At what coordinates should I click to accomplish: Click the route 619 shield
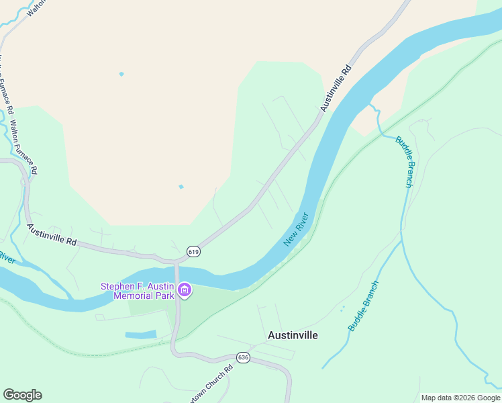point(194,251)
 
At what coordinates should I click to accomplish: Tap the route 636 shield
point(243,357)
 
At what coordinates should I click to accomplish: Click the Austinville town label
point(293,334)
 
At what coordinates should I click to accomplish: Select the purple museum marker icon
point(185,291)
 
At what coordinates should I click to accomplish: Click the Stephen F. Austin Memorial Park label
point(137,291)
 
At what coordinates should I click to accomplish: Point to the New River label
point(296,229)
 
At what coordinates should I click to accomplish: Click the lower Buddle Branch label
point(363,305)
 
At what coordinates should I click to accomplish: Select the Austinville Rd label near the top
point(336,88)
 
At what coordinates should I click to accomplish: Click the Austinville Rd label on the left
point(52,234)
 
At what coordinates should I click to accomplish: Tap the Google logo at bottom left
point(22,395)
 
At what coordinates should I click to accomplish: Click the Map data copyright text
point(460,398)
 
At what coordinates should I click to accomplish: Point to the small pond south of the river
point(141,334)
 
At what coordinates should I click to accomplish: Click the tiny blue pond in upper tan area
point(121,74)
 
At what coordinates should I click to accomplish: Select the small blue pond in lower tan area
point(181,187)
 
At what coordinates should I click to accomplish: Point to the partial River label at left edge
point(6,258)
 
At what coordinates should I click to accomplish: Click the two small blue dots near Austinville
point(343,308)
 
